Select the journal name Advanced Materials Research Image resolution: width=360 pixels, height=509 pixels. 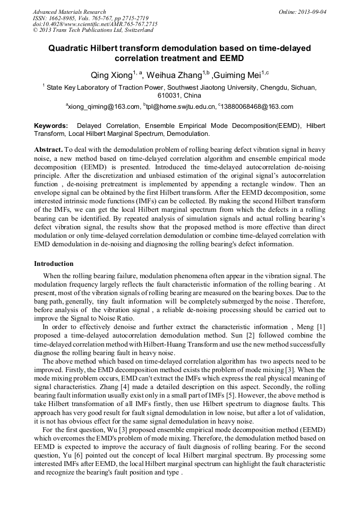point(70,12)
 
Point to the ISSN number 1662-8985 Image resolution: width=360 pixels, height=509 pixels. point(63,18)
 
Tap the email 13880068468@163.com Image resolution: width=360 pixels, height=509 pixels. point(257,107)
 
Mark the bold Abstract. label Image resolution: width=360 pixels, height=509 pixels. point(48,150)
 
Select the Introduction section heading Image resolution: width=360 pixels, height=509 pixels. point(54,264)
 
